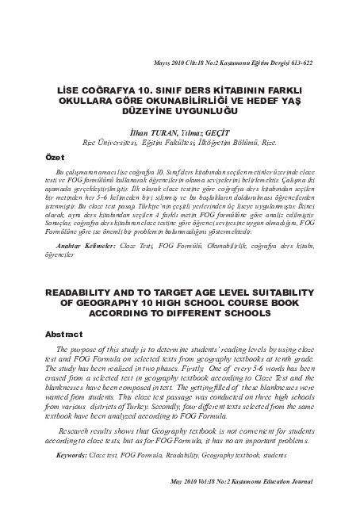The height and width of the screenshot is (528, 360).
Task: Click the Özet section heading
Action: click(x=55, y=158)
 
